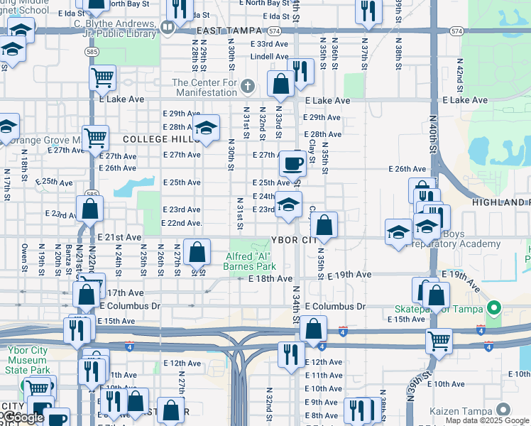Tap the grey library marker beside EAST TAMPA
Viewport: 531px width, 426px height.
[x=168, y=28]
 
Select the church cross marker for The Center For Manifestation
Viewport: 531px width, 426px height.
[x=247, y=87]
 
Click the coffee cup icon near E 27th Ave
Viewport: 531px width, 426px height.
[x=291, y=164]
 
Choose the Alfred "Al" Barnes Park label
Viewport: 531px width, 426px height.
[x=250, y=261]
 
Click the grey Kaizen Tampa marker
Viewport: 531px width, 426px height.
[x=503, y=410]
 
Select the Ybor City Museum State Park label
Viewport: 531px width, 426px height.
[x=28, y=359]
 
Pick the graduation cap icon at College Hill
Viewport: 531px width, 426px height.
[x=206, y=129]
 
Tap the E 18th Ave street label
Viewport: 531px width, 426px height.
[x=270, y=279]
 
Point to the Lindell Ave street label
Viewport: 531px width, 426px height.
[x=269, y=56]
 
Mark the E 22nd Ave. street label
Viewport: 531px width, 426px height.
[x=182, y=223]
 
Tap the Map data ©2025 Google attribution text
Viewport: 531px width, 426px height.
[x=486, y=420]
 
